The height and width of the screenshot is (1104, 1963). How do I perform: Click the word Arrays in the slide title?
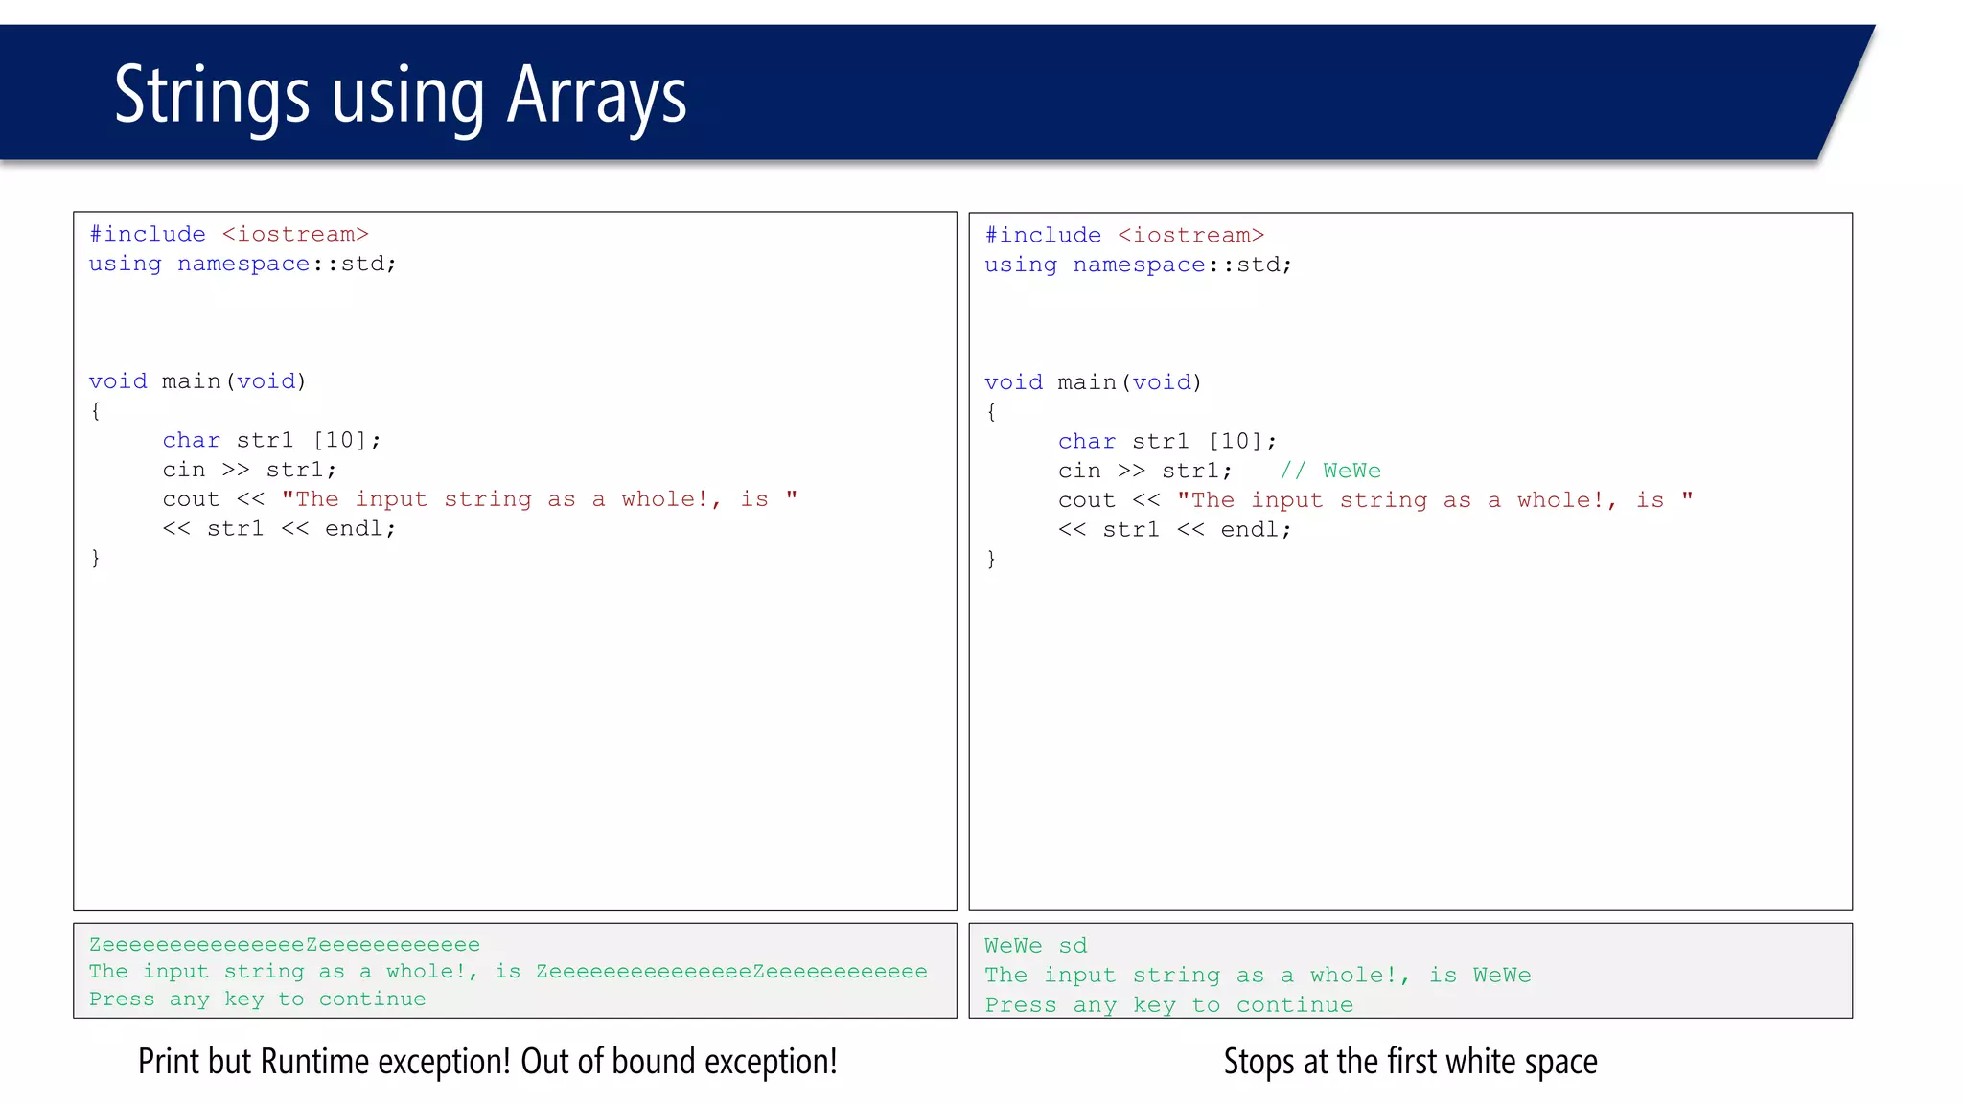[596, 96]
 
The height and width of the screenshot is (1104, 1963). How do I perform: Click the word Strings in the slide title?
[212, 96]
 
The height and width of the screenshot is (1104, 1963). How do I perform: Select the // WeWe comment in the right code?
[1330, 471]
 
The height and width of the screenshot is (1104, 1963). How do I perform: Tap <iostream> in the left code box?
[295, 235]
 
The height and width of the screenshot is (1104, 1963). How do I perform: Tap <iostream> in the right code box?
[1190, 236]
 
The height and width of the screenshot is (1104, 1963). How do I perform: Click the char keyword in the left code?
[191, 441]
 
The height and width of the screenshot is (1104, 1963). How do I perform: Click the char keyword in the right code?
[1087, 442]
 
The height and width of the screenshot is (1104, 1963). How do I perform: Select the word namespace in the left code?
[243, 264]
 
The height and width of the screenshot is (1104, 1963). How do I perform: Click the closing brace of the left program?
[95, 558]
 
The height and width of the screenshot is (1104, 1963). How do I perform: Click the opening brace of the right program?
[991, 412]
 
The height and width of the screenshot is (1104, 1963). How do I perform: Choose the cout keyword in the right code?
[1087, 500]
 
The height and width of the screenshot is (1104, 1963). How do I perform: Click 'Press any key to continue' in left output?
[257, 1000]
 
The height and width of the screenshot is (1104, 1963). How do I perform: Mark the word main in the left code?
[191, 382]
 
